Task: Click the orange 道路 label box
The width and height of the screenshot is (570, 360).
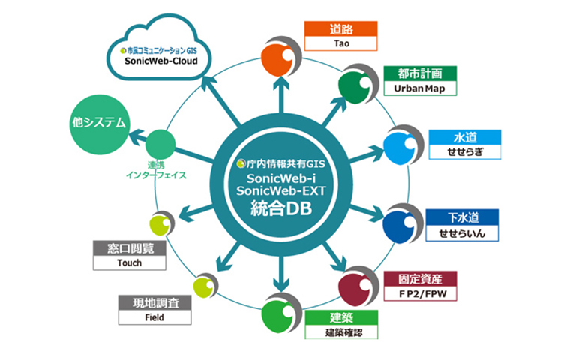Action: click(340, 29)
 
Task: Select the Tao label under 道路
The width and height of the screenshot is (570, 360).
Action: click(340, 44)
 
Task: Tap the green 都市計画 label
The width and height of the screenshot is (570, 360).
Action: click(419, 73)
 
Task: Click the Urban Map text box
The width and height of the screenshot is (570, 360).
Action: click(419, 88)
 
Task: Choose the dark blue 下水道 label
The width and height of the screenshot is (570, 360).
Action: click(464, 218)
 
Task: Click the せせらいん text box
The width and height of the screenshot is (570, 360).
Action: click(464, 234)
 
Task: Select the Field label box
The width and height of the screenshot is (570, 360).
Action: click(154, 317)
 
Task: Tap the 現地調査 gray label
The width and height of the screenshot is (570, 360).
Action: click(154, 302)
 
